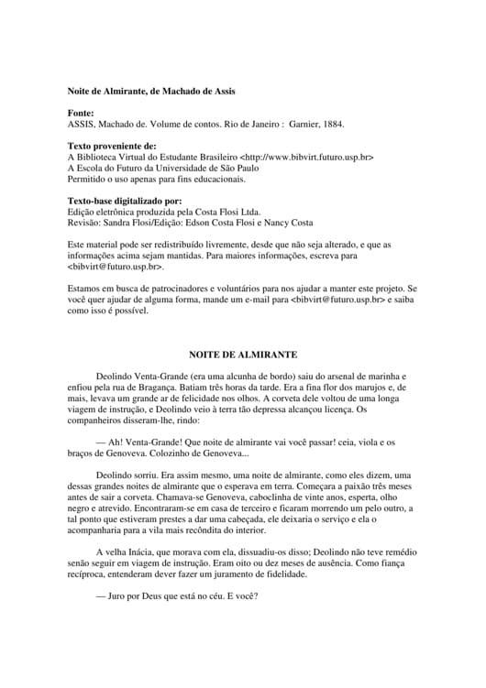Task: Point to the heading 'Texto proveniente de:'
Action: coord(112,146)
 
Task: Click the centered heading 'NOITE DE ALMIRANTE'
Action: coord(243,353)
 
